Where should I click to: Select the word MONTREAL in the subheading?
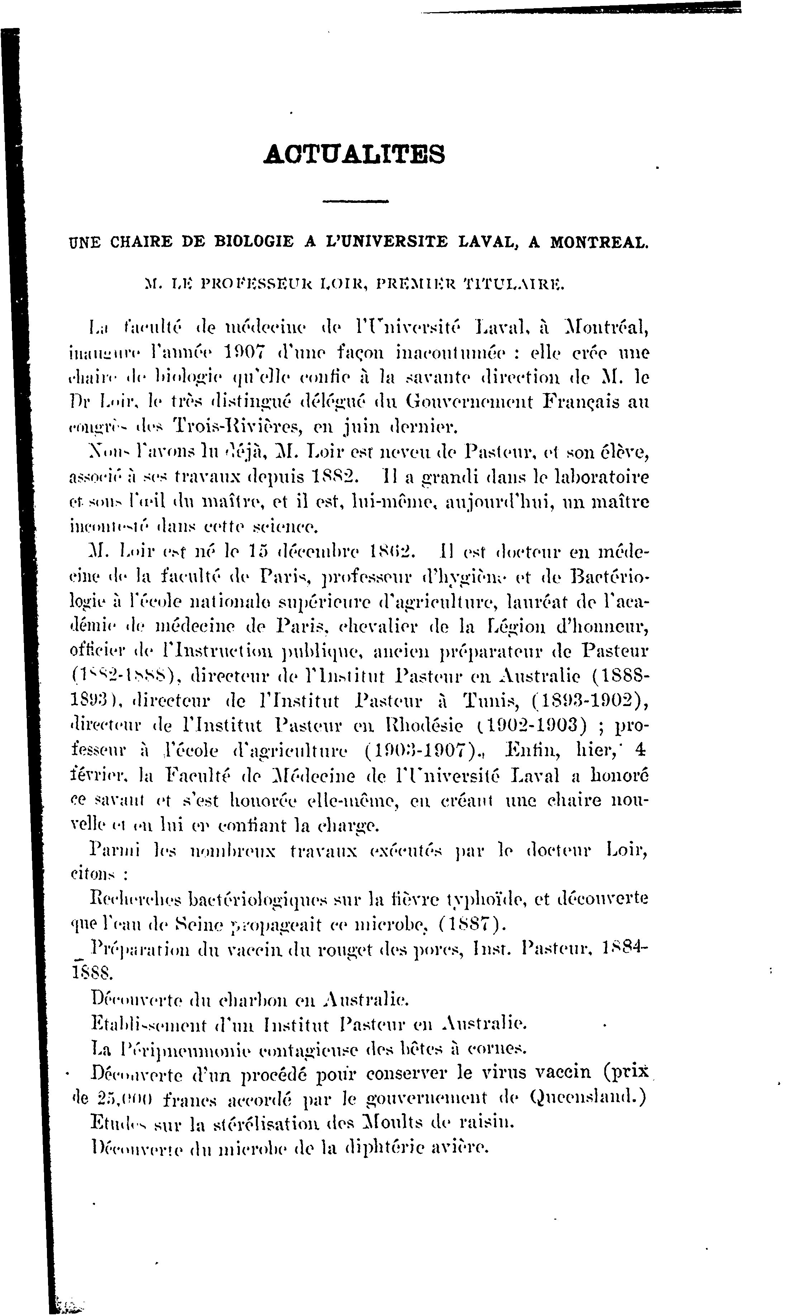click(x=598, y=242)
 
